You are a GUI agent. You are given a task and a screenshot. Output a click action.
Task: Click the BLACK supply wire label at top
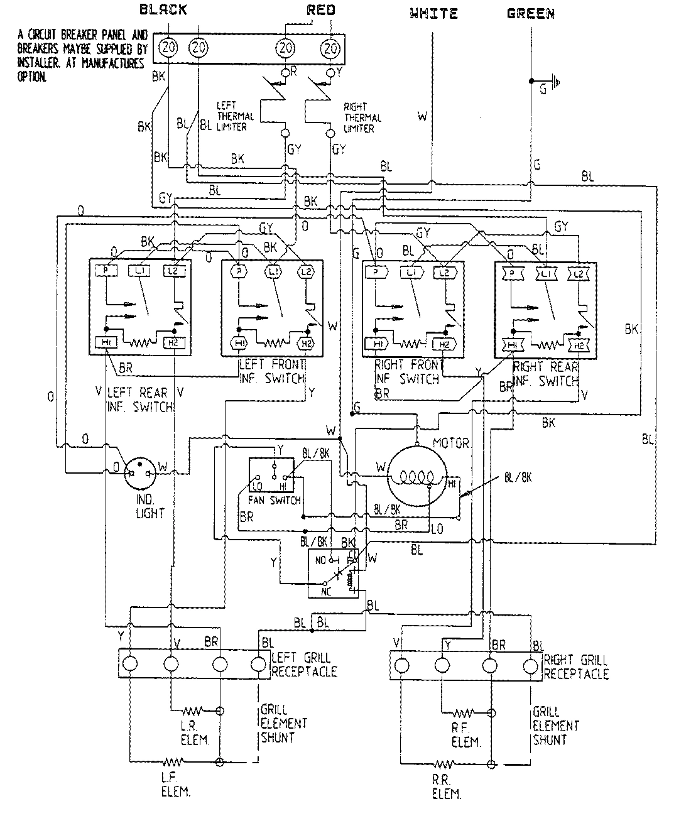pyautogui.click(x=163, y=9)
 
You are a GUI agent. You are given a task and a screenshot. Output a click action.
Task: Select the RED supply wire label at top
pyautogui.click(x=321, y=9)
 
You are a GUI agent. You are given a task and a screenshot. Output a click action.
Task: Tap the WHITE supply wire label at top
pyautogui.click(x=434, y=13)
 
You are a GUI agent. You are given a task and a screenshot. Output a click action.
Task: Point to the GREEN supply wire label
pyautogui.click(x=531, y=13)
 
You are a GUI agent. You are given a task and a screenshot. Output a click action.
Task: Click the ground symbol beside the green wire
pyautogui.click(x=554, y=80)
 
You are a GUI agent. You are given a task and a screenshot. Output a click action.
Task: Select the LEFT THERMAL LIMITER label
pyautogui.click(x=235, y=116)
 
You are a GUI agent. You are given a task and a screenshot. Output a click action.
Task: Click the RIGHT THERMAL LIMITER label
pyautogui.click(x=362, y=117)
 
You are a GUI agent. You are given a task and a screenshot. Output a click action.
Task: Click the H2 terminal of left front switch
pyautogui.click(x=306, y=343)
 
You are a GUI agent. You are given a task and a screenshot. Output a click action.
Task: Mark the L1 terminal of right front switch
pyautogui.click(x=411, y=271)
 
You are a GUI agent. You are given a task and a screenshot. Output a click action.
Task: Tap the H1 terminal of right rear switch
pyautogui.click(x=513, y=345)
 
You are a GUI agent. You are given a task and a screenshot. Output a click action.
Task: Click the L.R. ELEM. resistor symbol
pyautogui.click(x=191, y=711)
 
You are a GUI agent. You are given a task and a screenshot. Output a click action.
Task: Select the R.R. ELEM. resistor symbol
pyautogui.click(x=444, y=764)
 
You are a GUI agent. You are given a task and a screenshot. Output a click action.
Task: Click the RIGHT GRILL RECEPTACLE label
pyautogui.click(x=575, y=666)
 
